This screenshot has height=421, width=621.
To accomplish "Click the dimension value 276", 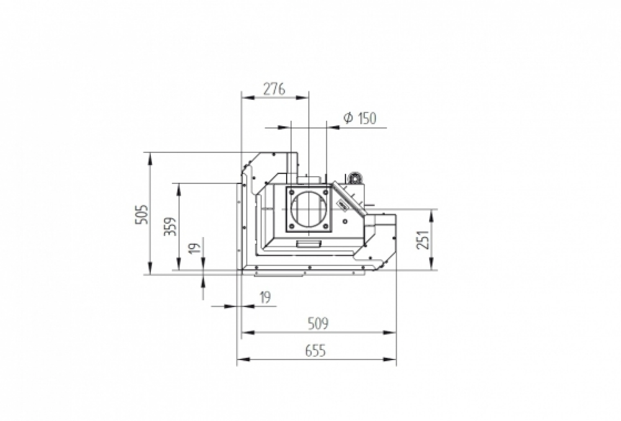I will coord(274,89).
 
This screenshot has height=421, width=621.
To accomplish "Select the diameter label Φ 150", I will coord(360,119).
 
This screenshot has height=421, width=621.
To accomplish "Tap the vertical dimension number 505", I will coord(141,214).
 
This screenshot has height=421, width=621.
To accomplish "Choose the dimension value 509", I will coord(318,324).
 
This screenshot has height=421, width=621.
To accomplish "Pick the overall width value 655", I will coord(316,351).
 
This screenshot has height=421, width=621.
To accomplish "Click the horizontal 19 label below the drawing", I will coord(265,298).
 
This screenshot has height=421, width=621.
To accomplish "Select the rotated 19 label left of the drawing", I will coord(196,248).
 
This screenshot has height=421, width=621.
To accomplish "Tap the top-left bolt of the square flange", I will coord(291,190).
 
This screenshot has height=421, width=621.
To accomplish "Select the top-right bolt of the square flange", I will coord(326,190).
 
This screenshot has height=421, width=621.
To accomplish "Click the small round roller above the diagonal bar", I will coord(354,178).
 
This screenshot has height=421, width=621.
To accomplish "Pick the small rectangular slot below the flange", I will coord(309,244).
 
